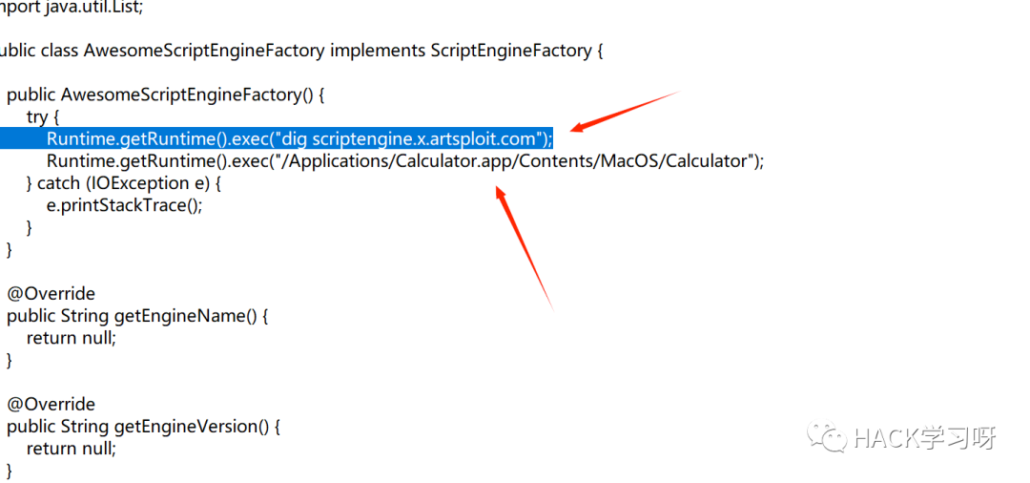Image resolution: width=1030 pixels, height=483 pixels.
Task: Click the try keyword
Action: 36,116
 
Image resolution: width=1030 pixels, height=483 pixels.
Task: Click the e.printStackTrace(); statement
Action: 124,205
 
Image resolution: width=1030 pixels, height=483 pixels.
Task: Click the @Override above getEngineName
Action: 51,293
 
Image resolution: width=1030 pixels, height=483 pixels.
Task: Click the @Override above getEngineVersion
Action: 51,404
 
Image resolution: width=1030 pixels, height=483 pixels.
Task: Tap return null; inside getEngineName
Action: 71,338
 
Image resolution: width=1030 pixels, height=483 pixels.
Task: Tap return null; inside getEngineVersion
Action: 71,449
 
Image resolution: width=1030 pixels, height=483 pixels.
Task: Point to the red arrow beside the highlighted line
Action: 624,112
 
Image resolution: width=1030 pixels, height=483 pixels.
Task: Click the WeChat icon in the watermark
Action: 826,438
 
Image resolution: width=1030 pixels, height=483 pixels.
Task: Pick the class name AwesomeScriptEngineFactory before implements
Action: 204,51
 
